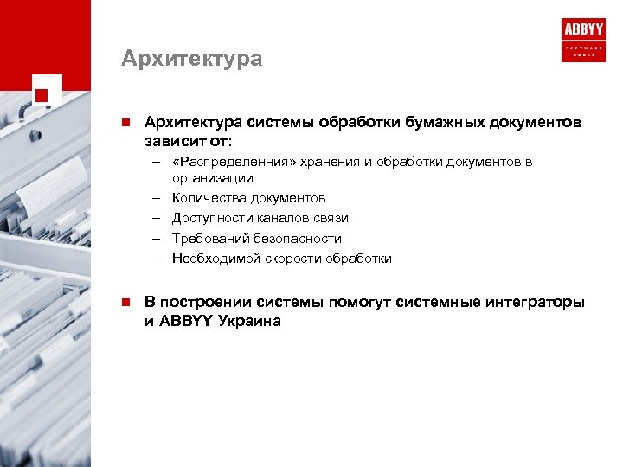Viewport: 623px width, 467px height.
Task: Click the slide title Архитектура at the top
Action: tap(191, 59)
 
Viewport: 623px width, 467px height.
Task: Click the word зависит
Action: tap(172, 140)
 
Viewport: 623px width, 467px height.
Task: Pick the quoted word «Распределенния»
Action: tap(228, 162)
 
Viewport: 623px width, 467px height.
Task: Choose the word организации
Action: tap(212, 178)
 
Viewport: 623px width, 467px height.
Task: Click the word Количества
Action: tap(210, 198)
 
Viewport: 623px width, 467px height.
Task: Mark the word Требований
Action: tap(209, 238)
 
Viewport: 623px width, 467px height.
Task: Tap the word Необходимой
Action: tap(215, 258)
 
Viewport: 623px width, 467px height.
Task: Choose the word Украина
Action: tap(250, 321)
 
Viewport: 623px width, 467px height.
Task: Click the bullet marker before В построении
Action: tap(125, 302)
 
